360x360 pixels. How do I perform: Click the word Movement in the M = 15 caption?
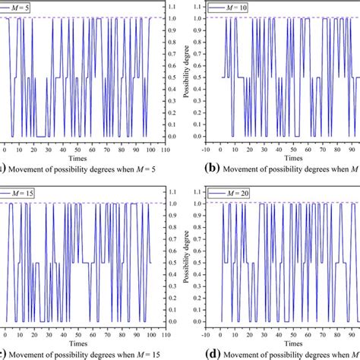coord(31,354)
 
